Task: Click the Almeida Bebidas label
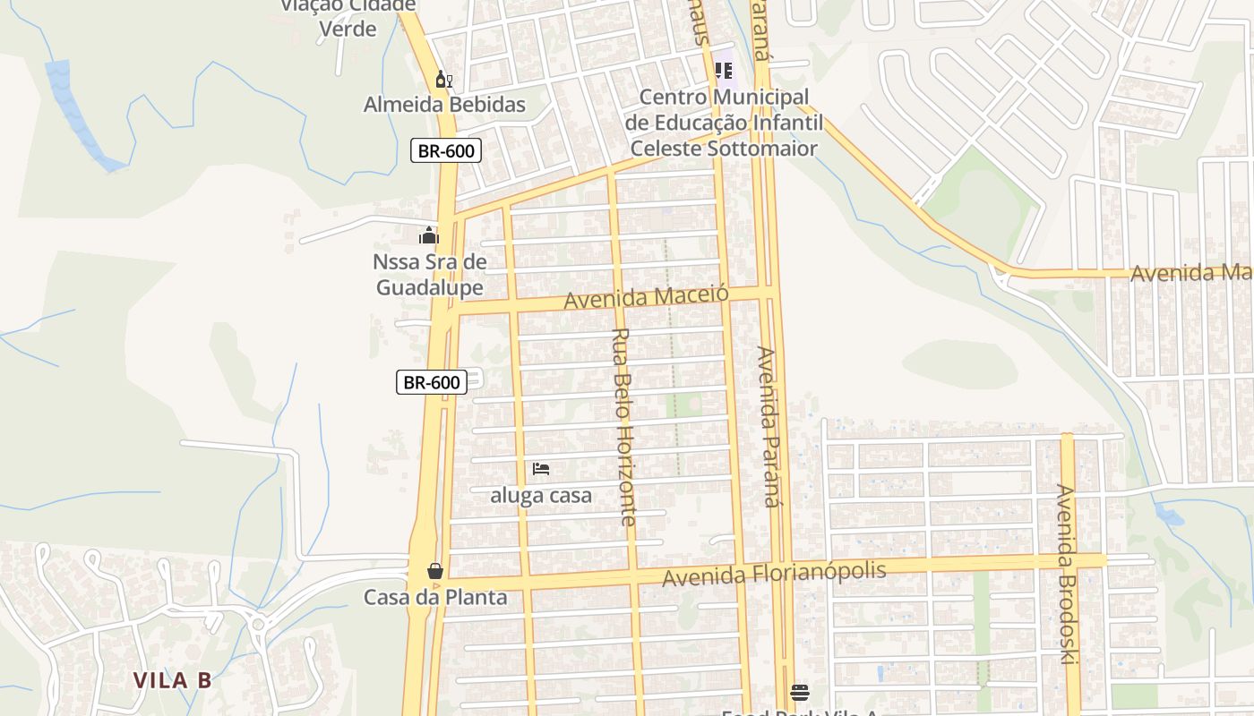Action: tap(444, 105)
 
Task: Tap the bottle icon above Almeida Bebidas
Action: tap(443, 80)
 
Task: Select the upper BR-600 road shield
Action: tap(446, 150)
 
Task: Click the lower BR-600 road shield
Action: tap(431, 382)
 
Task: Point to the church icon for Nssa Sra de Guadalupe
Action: tap(429, 236)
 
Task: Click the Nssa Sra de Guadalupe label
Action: tap(430, 275)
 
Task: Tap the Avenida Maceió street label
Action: tap(646, 297)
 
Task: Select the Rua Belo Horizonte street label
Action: tap(623, 426)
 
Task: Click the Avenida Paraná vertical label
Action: tap(768, 426)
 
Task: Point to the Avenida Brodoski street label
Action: tap(1066, 574)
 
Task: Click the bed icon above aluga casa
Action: tap(540, 469)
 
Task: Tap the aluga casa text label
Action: tap(541, 495)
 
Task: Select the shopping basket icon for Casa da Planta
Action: tap(435, 571)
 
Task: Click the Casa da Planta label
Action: tap(435, 597)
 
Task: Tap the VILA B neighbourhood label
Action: tap(173, 680)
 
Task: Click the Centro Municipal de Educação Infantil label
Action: tap(723, 123)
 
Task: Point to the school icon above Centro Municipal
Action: tap(724, 70)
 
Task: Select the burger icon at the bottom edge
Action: tap(800, 692)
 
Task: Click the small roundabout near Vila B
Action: tap(259, 623)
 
